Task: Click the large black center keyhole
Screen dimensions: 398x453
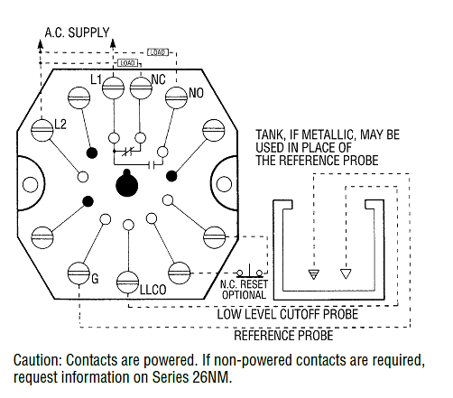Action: click(x=125, y=184)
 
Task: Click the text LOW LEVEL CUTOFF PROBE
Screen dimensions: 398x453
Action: click(x=287, y=314)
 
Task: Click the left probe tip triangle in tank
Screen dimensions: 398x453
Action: click(x=313, y=273)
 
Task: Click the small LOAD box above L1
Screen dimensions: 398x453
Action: click(x=126, y=62)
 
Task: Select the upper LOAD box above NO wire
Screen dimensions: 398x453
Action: click(x=156, y=51)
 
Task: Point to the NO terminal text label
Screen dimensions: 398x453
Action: click(x=196, y=93)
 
